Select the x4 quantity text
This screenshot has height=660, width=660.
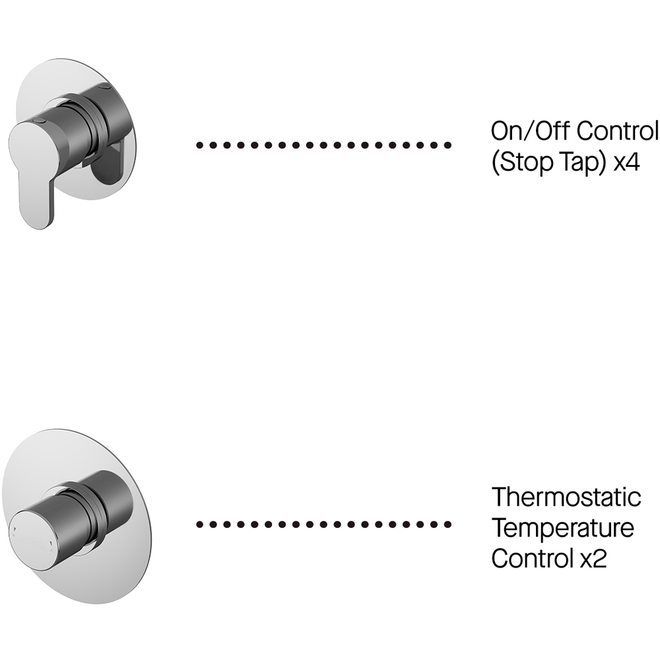click(x=626, y=162)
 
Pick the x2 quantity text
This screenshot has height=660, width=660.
click(x=593, y=559)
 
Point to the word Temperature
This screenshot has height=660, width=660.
click(x=563, y=528)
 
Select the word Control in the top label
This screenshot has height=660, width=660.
click(x=617, y=131)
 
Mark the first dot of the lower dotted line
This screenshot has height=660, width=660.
click(x=200, y=525)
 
